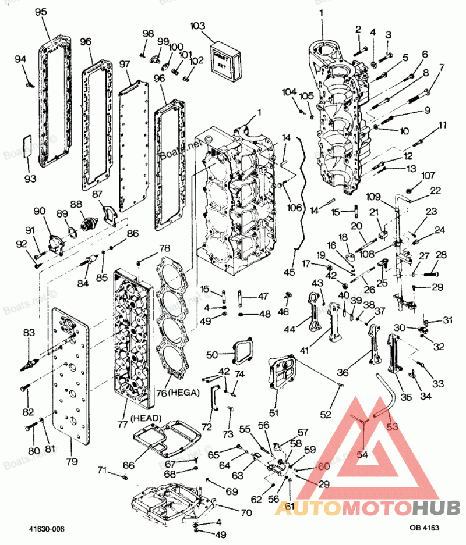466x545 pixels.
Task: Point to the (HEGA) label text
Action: (184, 393)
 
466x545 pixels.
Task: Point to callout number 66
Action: (128, 465)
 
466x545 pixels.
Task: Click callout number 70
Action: (246, 513)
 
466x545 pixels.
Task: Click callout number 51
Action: (273, 413)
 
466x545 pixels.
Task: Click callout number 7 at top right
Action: (442, 67)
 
